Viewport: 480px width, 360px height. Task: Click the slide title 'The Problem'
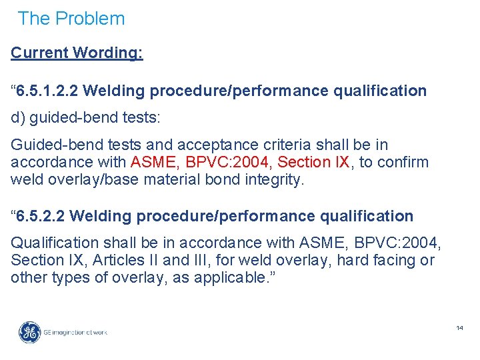71,19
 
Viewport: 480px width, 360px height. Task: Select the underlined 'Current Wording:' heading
77,53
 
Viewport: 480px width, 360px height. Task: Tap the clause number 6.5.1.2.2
50,91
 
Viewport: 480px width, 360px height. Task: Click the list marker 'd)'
17,117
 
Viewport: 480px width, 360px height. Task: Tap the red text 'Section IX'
313,162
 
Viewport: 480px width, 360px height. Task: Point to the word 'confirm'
402,162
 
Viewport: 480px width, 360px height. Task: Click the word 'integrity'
275,179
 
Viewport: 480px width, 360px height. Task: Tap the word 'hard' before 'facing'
351,260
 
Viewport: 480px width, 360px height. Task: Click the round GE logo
29,332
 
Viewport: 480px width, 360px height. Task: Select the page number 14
459,328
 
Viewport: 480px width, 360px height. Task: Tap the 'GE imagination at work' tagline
75,332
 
